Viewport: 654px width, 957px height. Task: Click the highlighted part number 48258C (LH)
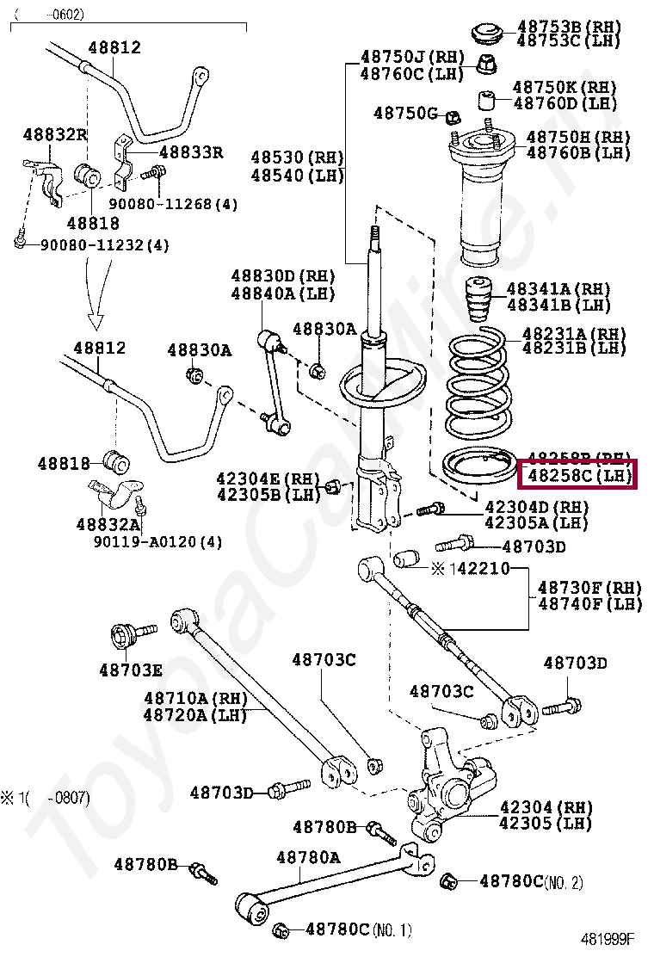[x=576, y=474]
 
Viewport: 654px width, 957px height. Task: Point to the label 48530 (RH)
[x=298, y=157]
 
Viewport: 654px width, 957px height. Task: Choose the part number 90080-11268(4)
[x=173, y=204]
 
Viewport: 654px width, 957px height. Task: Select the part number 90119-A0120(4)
[x=157, y=542]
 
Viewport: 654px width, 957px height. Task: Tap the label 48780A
[x=308, y=857]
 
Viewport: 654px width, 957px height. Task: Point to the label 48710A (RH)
[x=194, y=697]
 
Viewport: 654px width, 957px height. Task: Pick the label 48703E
[x=130, y=669]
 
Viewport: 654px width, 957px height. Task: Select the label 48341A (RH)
[x=558, y=288]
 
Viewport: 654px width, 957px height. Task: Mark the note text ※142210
[x=470, y=569]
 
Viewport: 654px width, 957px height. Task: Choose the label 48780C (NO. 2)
[x=531, y=881]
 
